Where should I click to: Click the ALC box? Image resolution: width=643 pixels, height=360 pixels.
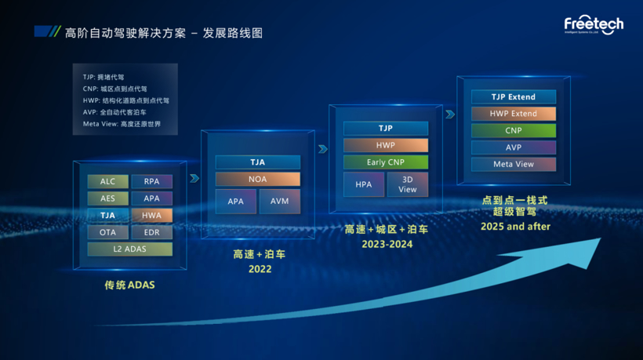[x=107, y=181]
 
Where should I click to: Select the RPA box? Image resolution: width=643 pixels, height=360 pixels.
[x=151, y=181]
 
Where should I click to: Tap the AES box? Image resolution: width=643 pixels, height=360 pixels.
[x=107, y=198]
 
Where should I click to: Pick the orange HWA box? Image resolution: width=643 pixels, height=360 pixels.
[x=151, y=216]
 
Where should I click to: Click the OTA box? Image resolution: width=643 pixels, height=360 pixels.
[x=107, y=233]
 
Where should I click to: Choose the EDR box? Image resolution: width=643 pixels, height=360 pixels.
[x=151, y=233]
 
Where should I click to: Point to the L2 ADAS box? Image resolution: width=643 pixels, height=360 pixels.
[x=129, y=249]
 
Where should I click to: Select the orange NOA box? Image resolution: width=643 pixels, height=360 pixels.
[x=257, y=180]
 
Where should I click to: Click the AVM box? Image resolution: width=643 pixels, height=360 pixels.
[x=279, y=201]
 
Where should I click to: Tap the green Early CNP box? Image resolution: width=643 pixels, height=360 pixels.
[x=386, y=162]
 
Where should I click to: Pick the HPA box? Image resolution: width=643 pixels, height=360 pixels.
[x=364, y=184]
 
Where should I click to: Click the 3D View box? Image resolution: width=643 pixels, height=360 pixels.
[x=408, y=184]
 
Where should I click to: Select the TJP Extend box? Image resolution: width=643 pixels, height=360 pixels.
[x=514, y=97]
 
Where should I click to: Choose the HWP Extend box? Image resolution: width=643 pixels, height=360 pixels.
[x=514, y=114]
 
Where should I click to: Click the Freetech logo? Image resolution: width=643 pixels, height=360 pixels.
[x=594, y=25]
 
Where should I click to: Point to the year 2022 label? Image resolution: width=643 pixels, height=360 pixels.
[x=260, y=269]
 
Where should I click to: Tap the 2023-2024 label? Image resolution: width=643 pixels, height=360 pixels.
[x=387, y=244]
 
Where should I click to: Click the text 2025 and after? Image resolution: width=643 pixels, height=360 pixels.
[x=515, y=227]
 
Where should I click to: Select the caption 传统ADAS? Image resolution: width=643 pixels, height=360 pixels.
[x=129, y=285]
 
